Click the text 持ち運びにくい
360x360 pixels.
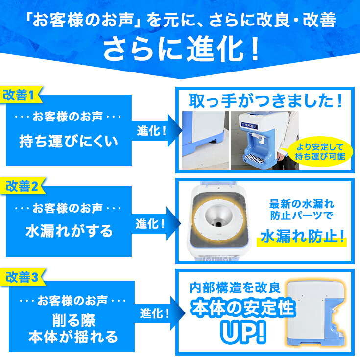(x=69, y=142)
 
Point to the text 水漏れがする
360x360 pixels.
(x=69, y=231)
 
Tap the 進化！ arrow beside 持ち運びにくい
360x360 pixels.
(x=152, y=131)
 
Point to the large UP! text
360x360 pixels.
(x=243, y=332)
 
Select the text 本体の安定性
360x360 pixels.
(x=243, y=308)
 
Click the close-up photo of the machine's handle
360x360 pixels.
(x=205, y=140)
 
